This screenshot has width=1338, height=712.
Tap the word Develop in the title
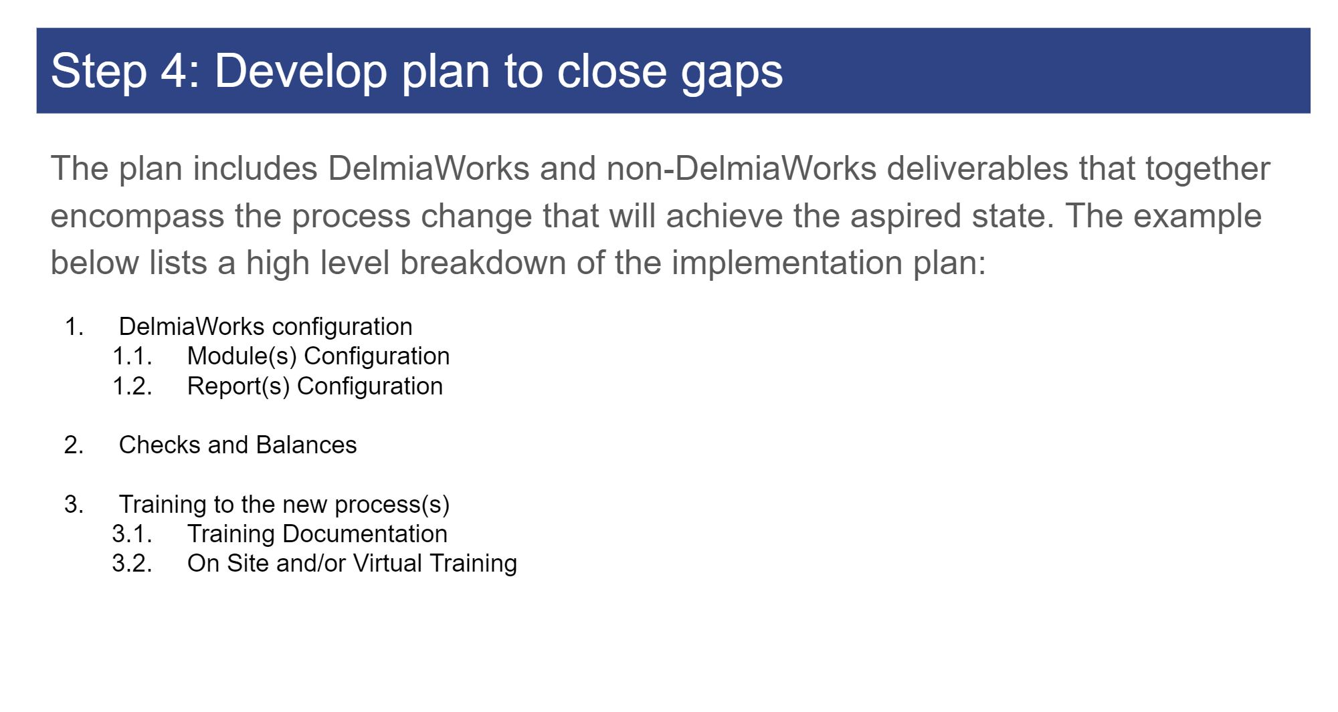coord(300,71)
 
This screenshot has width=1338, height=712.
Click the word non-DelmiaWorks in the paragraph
coord(741,168)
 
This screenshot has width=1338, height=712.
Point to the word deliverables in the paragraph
coord(977,168)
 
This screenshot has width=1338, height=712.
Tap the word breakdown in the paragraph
coord(483,263)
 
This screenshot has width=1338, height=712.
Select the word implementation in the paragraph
coord(787,263)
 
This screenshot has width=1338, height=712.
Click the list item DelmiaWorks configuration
coord(266,327)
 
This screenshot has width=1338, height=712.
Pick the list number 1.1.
coord(132,356)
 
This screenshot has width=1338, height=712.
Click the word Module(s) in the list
coord(242,356)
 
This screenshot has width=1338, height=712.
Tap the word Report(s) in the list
coord(238,386)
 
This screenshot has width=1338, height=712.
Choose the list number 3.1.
coord(132,534)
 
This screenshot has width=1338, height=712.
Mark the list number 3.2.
coord(132,564)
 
